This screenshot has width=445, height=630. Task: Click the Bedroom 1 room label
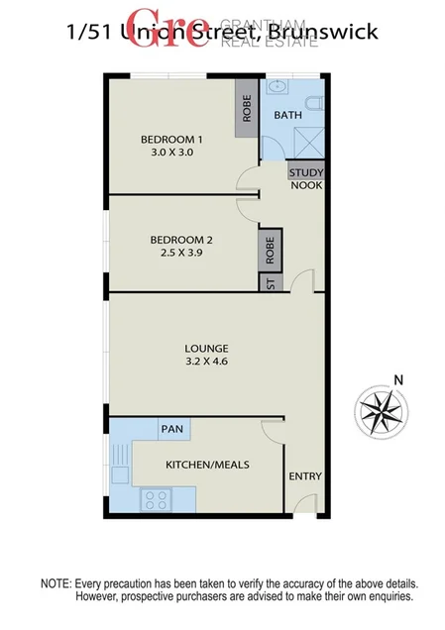[171, 139]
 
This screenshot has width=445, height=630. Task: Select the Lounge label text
[206, 349]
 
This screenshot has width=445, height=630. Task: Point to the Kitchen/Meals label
[206, 464]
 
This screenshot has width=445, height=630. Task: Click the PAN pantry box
[173, 428]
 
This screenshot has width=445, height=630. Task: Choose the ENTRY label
[305, 476]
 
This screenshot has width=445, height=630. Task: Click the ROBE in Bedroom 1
[247, 109]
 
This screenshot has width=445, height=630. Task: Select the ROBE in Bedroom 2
[271, 248]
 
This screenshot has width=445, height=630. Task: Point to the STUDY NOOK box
[305, 178]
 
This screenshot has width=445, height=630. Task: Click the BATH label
[287, 116]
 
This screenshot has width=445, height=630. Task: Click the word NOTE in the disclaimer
[57, 584]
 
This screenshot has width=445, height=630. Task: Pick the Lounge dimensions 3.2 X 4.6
[206, 364]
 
